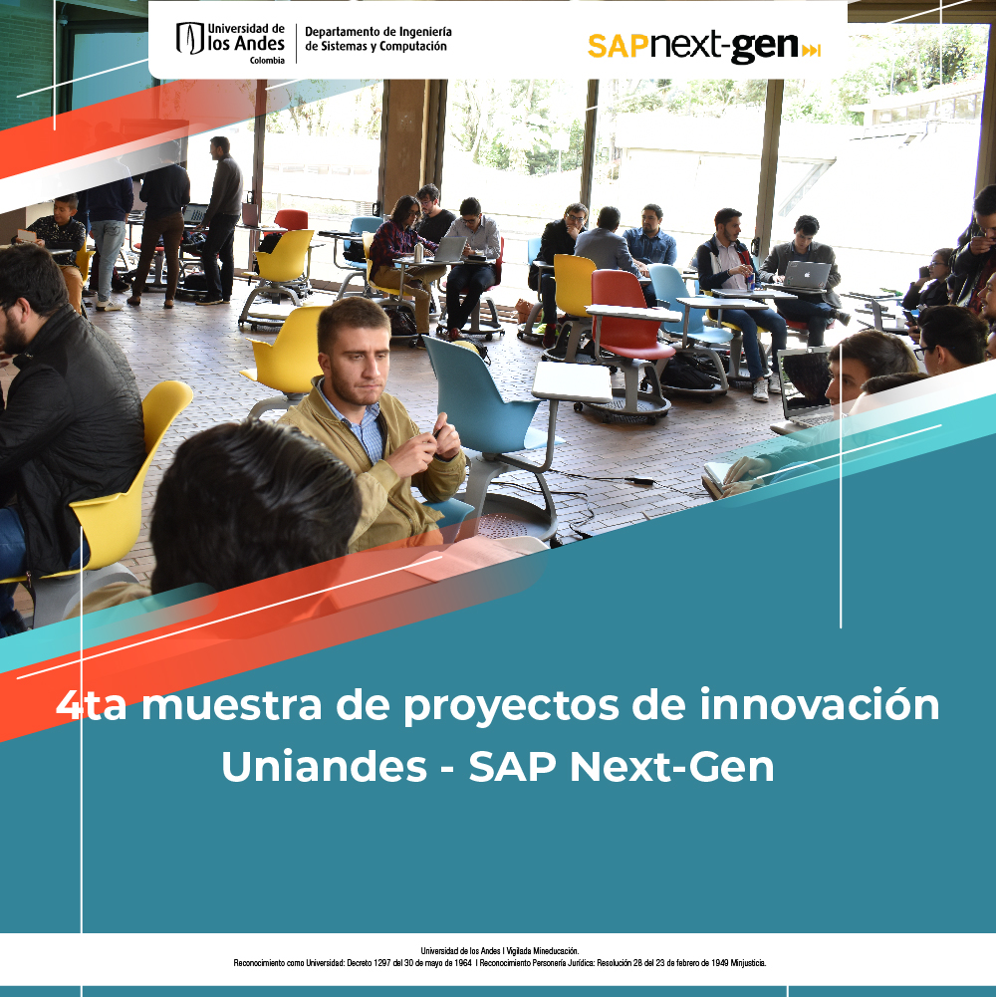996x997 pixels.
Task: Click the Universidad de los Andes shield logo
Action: [x=189, y=38]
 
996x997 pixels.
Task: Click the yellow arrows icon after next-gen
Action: [x=811, y=50]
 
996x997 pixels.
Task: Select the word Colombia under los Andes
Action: [x=267, y=61]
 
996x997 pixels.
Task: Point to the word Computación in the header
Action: [x=412, y=47]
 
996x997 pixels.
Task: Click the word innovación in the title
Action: [x=819, y=704]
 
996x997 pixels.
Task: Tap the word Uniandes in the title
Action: [x=324, y=766]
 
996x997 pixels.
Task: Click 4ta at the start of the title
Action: [x=91, y=704]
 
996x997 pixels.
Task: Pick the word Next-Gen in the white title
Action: [x=671, y=766]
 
